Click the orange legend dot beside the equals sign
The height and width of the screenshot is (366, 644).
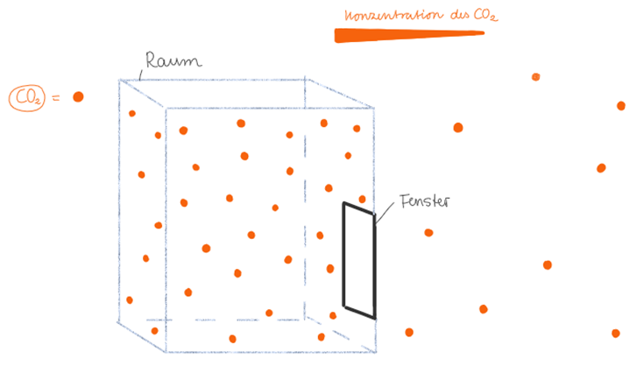(78, 96)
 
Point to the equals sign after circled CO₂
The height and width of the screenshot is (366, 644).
(55, 98)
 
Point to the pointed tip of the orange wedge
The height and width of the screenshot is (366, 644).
(482, 33)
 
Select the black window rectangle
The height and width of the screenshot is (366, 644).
(359, 261)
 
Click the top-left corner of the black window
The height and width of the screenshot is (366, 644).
(344, 204)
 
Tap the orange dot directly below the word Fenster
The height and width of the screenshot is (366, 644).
(428, 232)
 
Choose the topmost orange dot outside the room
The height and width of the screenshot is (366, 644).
(535, 77)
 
